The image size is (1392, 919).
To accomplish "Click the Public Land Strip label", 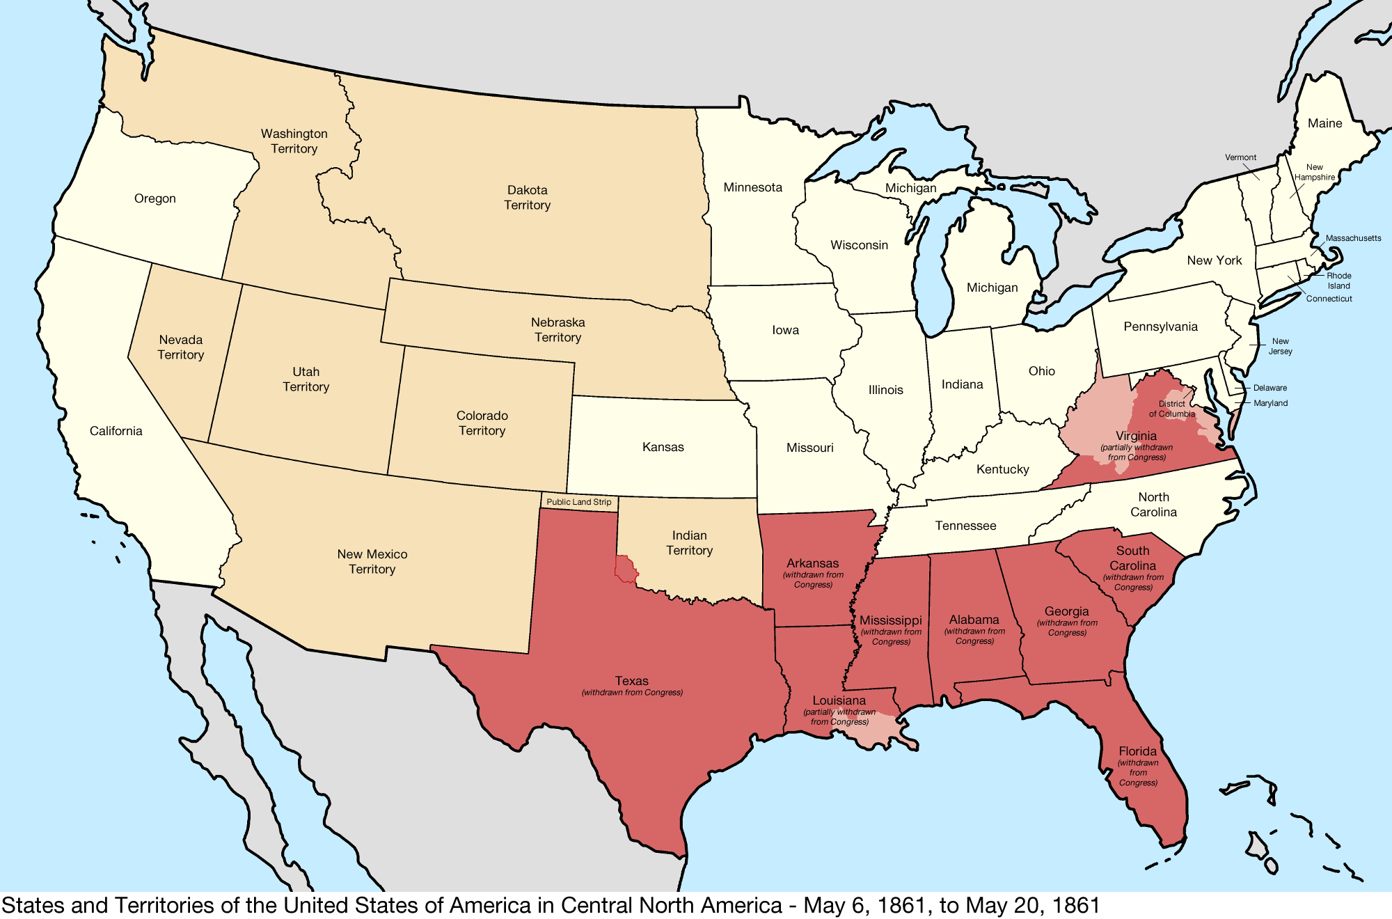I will tap(578, 502).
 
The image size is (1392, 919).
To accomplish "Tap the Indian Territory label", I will tap(689, 543).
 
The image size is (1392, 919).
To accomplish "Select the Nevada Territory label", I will tap(181, 347).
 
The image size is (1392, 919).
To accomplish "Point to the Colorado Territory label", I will tap(482, 423).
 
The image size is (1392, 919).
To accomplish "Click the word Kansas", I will tap(663, 447).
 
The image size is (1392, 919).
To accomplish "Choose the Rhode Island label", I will tap(1338, 281).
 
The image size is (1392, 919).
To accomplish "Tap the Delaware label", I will tap(1270, 388).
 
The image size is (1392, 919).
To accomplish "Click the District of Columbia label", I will tap(1171, 409).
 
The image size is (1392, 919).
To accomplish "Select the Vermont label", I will tap(1240, 157).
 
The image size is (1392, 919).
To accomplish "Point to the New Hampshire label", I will tap(1314, 172).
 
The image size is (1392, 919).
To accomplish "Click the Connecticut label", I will tap(1329, 299).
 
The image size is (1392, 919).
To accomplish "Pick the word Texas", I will tap(631, 681).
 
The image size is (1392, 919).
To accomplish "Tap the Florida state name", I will tap(1138, 751).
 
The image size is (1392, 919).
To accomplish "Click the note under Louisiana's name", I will tap(839, 717).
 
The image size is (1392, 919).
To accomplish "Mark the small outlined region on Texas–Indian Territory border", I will tap(626, 569).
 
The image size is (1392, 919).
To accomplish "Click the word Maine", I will tap(1324, 123).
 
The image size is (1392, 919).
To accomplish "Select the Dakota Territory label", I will tap(527, 198).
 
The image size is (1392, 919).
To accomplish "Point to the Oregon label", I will tap(155, 198).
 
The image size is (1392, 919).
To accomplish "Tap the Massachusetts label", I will tap(1353, 238).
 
